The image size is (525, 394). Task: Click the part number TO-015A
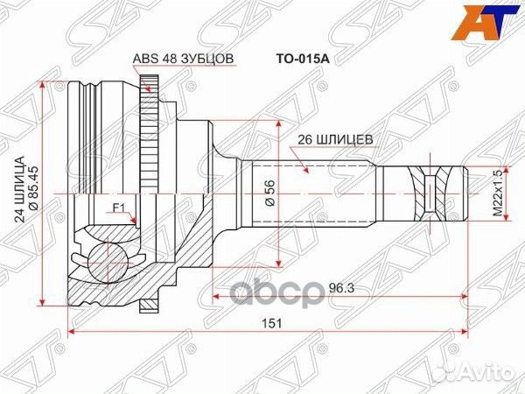(303, 59)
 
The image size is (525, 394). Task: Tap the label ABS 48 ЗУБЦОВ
(183, 59)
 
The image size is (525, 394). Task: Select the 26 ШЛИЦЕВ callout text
(335, 139)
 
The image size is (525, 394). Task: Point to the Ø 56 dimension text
(269, 193)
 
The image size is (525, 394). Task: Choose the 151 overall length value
(271, 324)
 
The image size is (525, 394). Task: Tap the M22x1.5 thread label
(498, 193)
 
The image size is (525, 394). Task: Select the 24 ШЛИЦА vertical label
(20, 189)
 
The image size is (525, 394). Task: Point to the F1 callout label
(118, 209)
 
